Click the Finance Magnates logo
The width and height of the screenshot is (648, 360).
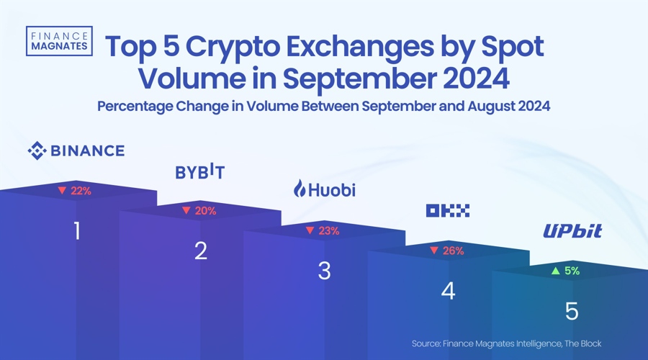pos(58,40)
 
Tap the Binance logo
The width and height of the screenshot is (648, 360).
pos(76,150)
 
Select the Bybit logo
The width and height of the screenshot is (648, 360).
pos(200,173)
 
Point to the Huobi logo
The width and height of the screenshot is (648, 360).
pos(324,190)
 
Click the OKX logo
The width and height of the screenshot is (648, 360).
pos(448,210)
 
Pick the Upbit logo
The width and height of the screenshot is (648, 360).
pos(572,231)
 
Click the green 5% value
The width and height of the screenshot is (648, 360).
pos(571,271)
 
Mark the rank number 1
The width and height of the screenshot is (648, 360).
pos(77,231)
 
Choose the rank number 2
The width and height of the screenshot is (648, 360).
pos(201,251)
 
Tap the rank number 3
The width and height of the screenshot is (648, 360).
pos(325,271)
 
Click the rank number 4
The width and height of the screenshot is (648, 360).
pos(448,292)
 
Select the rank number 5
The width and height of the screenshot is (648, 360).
pos(572,312)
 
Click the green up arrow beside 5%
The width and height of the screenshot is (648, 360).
pos(555,271)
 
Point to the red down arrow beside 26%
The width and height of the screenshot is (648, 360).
pos(434,251)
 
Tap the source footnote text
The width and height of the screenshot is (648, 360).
pos(506,343)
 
